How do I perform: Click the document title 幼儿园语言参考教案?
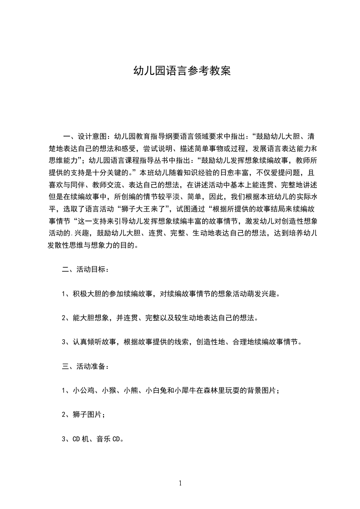[181, 71]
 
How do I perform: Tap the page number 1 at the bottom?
[180, 483]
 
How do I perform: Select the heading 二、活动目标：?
[85, 269]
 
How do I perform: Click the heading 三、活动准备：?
[85, 367]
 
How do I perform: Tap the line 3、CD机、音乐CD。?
[93, 440]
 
